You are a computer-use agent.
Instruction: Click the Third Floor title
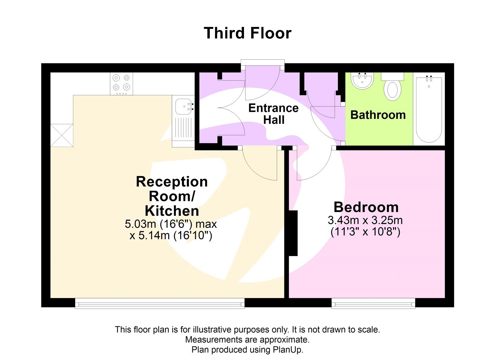(x=247, y=33)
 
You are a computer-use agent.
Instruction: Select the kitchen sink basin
(x=183, y=106)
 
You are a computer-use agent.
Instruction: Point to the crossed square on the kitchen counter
(x=62, y=135)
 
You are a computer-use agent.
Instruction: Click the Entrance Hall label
(x=273, y=114)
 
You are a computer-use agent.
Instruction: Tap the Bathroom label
(x=378, y=115)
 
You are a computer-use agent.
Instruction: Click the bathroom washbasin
(x=362, y=81)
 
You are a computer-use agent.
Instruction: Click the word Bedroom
(x=366, y=207)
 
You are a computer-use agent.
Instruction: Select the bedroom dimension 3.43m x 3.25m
(x=365, y=220)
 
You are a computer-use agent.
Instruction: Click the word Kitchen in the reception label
(x=172, y=211)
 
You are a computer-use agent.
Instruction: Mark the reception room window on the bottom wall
(x=160, y=303)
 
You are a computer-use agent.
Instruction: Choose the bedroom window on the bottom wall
(x=373, y=303)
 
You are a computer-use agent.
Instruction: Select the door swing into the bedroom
(x=312, y=164)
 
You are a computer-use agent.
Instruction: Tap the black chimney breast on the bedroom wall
(x=293, y=233)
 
